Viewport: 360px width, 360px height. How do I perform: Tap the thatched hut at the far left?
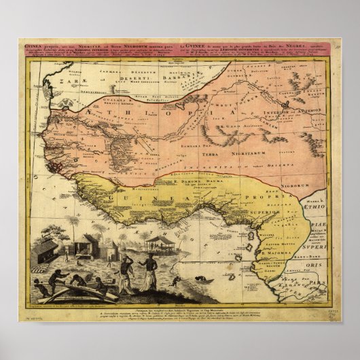click(46, 250)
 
